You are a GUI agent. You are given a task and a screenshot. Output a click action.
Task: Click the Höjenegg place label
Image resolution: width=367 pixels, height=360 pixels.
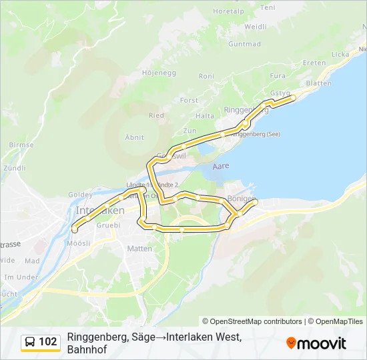158,72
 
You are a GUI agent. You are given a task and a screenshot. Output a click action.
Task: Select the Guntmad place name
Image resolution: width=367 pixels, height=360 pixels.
244,44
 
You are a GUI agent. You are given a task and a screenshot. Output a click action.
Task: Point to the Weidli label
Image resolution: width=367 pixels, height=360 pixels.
256,27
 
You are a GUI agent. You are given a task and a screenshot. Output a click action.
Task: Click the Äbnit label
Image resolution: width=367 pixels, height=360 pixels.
135,136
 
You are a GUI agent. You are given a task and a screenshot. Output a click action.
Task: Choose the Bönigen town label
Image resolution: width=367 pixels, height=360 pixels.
242,199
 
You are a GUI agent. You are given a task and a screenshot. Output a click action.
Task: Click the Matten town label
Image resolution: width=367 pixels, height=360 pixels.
139,249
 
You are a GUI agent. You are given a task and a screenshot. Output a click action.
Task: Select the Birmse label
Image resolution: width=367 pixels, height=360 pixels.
21,145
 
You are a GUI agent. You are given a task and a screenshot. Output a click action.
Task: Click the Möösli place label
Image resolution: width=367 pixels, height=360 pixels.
79,243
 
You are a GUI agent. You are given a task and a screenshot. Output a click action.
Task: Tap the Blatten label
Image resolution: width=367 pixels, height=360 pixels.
318,83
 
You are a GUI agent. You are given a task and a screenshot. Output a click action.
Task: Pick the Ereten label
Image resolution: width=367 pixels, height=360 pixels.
314,63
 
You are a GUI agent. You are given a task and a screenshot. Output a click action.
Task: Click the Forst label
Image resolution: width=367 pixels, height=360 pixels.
190,100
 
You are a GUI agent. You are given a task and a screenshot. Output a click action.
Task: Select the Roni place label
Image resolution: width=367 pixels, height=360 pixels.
207,77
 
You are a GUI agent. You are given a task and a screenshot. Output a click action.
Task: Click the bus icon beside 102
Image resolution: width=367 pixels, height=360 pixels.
30,342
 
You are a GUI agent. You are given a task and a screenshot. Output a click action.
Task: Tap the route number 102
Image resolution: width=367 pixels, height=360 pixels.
48,342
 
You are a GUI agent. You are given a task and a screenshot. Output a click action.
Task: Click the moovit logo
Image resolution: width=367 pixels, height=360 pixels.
316,343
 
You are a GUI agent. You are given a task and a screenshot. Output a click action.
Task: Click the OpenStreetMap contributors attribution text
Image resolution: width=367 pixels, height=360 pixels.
252,321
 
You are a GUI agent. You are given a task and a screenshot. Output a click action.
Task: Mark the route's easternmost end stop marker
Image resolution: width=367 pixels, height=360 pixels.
294,98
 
